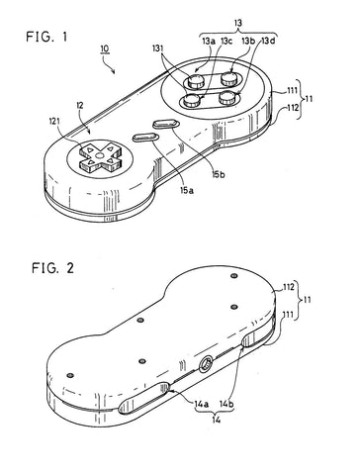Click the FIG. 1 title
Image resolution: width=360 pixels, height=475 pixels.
coord(46,37)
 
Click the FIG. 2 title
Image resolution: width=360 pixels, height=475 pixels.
coord(52,268)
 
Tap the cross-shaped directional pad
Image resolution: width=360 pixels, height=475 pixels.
coord(100,155)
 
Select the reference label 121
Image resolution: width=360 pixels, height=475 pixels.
coord(55,122)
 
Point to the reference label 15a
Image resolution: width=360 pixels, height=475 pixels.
coord(187,190)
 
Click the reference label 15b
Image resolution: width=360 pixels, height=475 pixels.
coord(219,174)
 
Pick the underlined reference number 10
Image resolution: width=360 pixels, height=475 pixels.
coord(105,48)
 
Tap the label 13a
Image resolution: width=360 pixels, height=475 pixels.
coord(209,42)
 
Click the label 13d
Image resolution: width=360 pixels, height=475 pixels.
coord(269,42)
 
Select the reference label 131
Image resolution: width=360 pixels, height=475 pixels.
coord(158,48)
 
